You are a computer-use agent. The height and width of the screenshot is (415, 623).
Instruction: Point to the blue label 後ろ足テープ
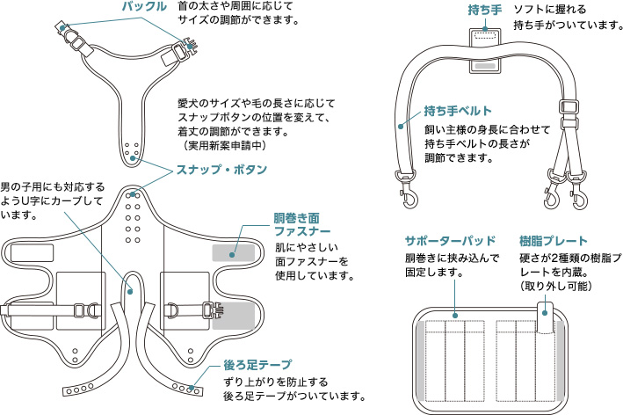coord(257,364)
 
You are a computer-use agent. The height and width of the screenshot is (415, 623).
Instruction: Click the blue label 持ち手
coord(483,10)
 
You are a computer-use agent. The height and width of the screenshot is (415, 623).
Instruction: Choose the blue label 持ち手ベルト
coord(457,111)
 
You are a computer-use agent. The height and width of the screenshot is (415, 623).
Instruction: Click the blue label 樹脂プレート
coord(554,240)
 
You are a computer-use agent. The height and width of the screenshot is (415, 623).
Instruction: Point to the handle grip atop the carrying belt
coord(483,37)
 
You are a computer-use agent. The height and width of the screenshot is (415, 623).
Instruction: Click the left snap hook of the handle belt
coord(409,196)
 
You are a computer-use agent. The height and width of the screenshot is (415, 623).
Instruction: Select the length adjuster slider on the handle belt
coord(570,114)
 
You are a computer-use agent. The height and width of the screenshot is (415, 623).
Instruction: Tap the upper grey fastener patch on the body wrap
coord(235,252)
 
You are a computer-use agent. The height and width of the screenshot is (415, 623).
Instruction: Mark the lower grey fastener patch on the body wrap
coord(239,315)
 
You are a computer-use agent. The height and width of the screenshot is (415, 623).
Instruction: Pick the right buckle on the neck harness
coord(188,48)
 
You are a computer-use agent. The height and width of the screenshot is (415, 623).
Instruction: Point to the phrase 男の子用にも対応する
coord(52,187)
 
